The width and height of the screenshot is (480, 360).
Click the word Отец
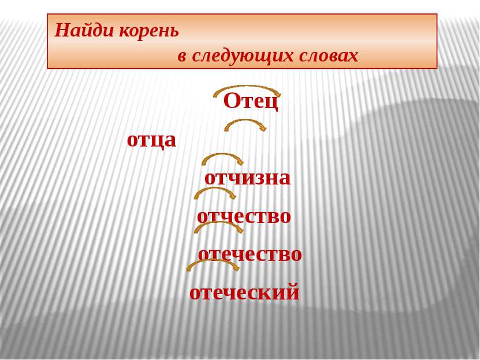(251, 101)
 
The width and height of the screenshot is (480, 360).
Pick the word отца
(151, 140)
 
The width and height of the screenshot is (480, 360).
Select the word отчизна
(247, 178)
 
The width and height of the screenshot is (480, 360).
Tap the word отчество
(244, 217)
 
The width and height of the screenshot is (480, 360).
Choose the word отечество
(250, 254)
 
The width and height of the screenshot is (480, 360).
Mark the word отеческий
(244, 292)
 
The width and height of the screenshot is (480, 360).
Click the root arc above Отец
(247, 87)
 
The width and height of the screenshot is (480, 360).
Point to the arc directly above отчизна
(222, 155)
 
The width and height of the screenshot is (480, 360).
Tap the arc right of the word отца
(245, 121)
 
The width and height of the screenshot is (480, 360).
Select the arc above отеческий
(213, 261)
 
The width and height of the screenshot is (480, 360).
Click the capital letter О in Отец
(232, 101)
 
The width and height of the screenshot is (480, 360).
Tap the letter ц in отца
(155, 142)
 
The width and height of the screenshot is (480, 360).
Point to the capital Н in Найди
(62, 31)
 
